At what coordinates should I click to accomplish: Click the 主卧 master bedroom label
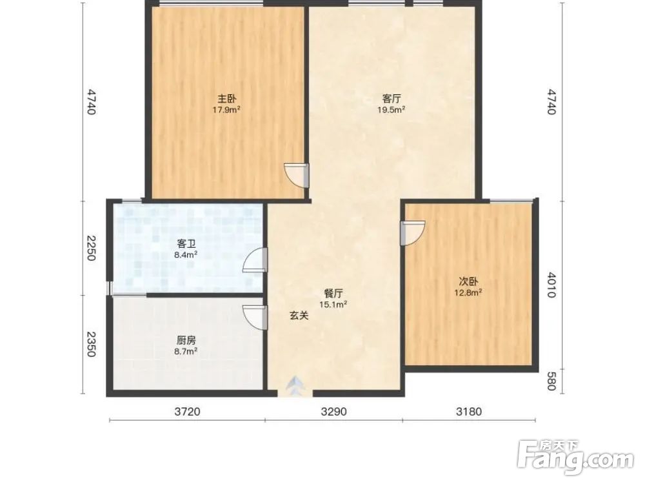click(x=226, y=99)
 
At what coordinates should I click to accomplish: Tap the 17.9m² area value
click(x=226, y=110)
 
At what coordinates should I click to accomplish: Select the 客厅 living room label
click(x=392, y=99)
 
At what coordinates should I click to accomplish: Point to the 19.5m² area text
click(x=392, y=110)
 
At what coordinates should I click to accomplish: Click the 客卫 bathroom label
click(x=186, y=244)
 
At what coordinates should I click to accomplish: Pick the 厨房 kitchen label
click(x=186, y=340)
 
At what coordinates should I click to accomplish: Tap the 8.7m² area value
click(x=186, y=352)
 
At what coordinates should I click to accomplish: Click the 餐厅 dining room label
click(x=333, y=294)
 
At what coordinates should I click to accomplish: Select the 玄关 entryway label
click(x=299, y=316)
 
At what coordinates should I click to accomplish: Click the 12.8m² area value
click(x=468, y=292)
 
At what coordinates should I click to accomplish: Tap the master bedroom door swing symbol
click(x=297, y=176)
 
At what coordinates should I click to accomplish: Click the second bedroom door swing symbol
click(x=413, y=234)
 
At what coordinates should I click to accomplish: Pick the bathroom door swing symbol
click(x=255, y=261)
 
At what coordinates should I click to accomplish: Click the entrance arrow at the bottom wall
click(x=295, y=386)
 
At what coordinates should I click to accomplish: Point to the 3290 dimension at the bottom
click(x=333, y=411)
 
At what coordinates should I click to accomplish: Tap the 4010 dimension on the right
click(x=551, y=285)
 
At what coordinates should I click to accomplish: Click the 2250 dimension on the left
click(x=91, y=248)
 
